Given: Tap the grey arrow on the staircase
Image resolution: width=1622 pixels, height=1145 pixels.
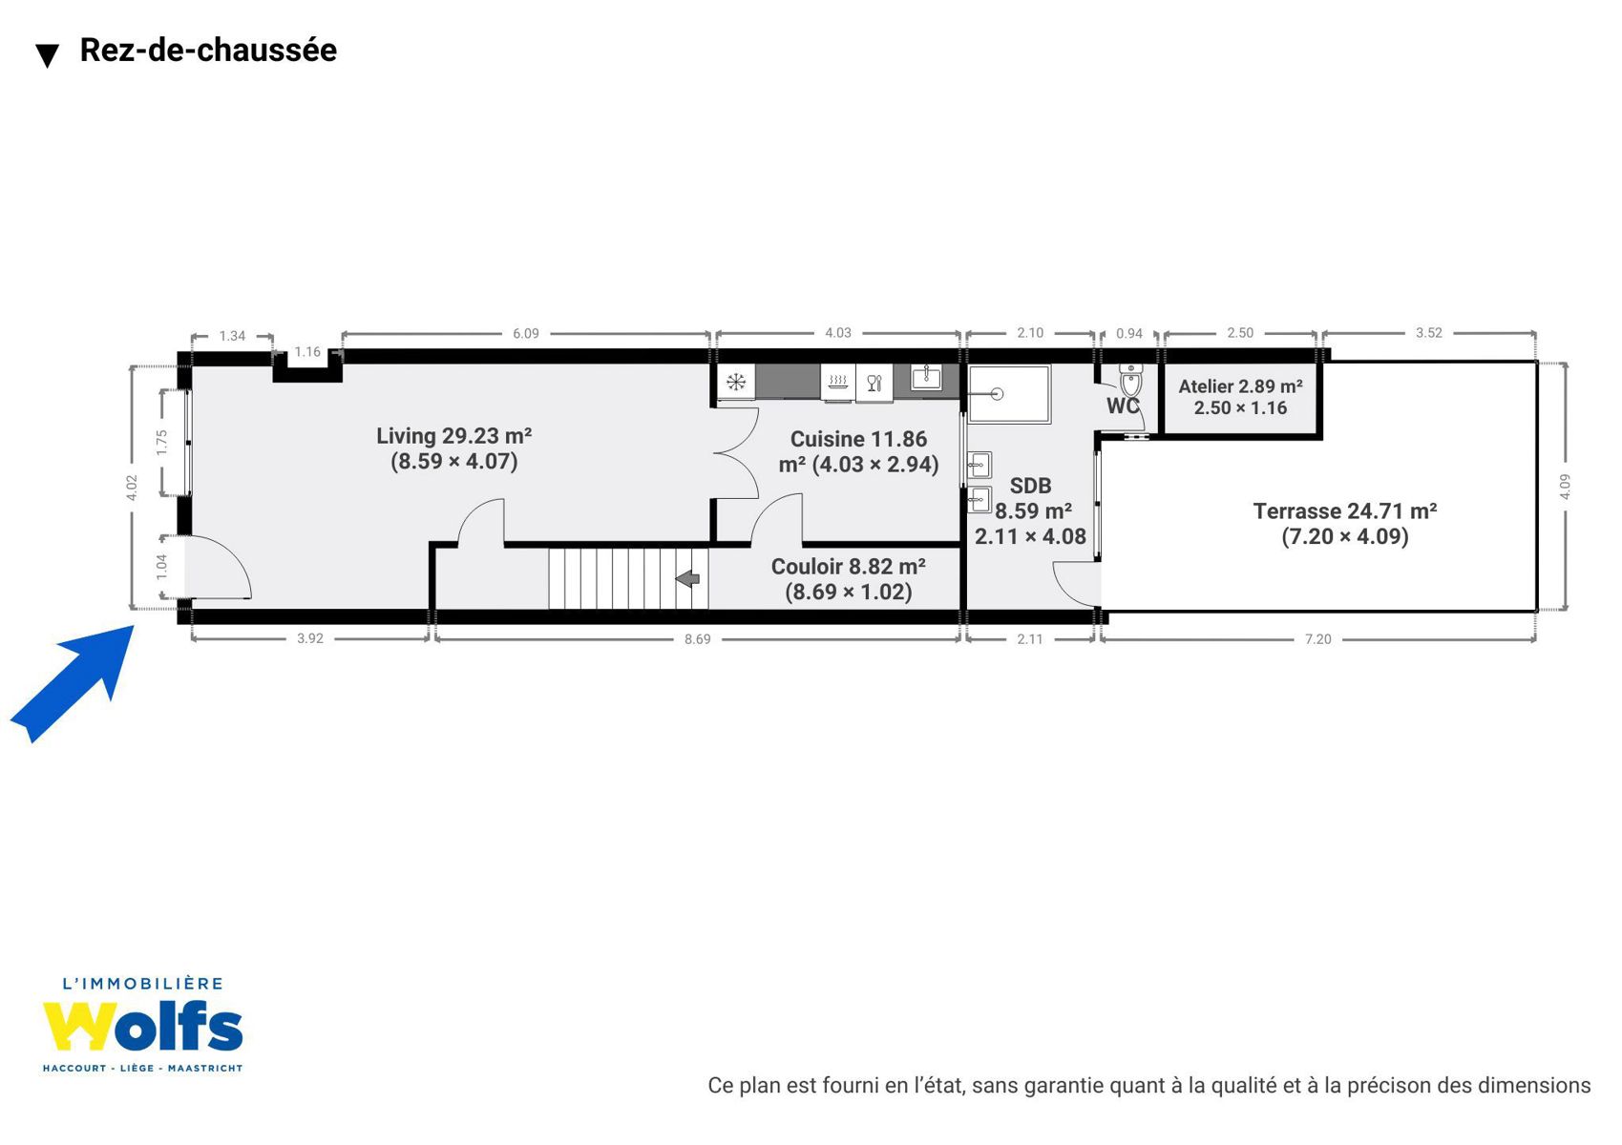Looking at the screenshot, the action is point(687,578).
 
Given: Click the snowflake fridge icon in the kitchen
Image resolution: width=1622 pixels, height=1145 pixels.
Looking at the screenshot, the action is point(736,382).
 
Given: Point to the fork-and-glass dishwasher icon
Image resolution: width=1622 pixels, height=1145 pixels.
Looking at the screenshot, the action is point(874,383).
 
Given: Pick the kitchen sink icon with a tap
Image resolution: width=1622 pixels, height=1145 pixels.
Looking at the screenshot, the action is point(926,377).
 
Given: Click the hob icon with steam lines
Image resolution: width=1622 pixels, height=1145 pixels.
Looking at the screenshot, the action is point(838,382).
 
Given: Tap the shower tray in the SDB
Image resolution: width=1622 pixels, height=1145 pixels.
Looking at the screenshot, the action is point(1009,394).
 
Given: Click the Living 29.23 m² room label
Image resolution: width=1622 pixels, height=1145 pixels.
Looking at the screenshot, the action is point(454,448).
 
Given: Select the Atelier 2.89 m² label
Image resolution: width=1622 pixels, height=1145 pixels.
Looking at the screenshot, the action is point(1240,397).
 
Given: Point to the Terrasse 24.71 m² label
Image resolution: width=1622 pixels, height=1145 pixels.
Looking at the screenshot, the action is point(1345,523).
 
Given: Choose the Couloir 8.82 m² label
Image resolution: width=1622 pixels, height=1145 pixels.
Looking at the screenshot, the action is point(848,578).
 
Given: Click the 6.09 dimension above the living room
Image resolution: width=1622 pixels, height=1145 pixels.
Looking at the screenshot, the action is point(526,333).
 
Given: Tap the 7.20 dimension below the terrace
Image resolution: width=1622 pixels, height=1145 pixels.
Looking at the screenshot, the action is point(1317,638).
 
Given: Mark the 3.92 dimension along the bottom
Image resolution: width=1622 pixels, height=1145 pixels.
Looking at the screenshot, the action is point(310,638).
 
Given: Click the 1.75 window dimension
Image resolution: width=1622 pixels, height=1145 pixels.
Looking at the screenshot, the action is point(161,443).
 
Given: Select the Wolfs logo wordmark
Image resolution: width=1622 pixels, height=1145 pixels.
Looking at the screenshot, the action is point(142,1026).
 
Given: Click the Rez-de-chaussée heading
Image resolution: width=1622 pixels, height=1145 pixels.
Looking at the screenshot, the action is point(208,50).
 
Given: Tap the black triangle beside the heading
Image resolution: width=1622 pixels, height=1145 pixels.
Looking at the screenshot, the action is point(47,56).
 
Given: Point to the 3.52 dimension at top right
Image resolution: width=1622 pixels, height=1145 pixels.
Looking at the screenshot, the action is point(1428,333).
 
